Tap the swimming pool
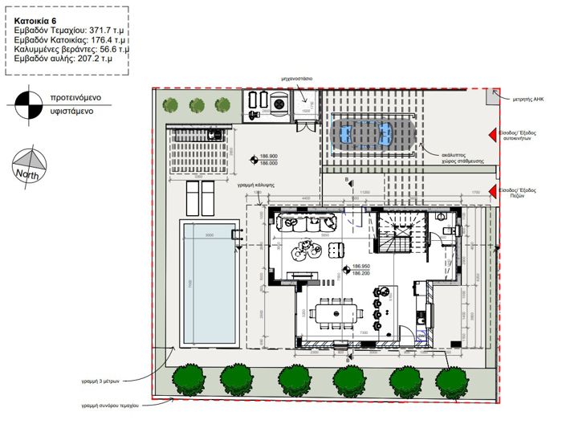(208, 283)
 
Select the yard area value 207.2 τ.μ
(96, 59)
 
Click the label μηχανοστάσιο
(296, 79)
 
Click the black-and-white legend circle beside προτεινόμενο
(27, 103)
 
